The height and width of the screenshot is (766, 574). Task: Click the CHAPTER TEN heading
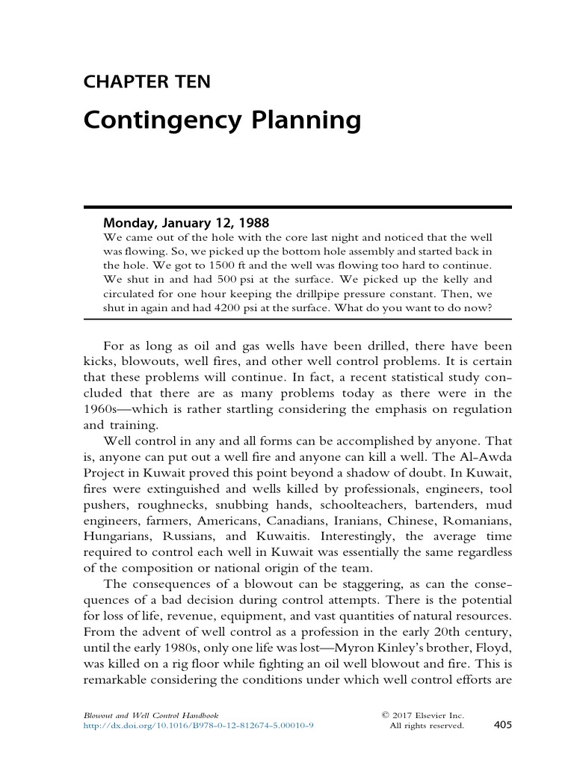pyautogui.click(x=146, y=82)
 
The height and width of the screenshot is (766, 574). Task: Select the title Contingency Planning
pyautogui.click(x=222, y=120)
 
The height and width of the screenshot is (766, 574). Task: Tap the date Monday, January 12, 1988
pyautogui.click(x=186, y=222)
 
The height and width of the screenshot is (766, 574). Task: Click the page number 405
pyautogui.click(x=502, y=724)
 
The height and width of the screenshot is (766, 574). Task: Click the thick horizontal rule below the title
pyautogui.click(x=297, y=206)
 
